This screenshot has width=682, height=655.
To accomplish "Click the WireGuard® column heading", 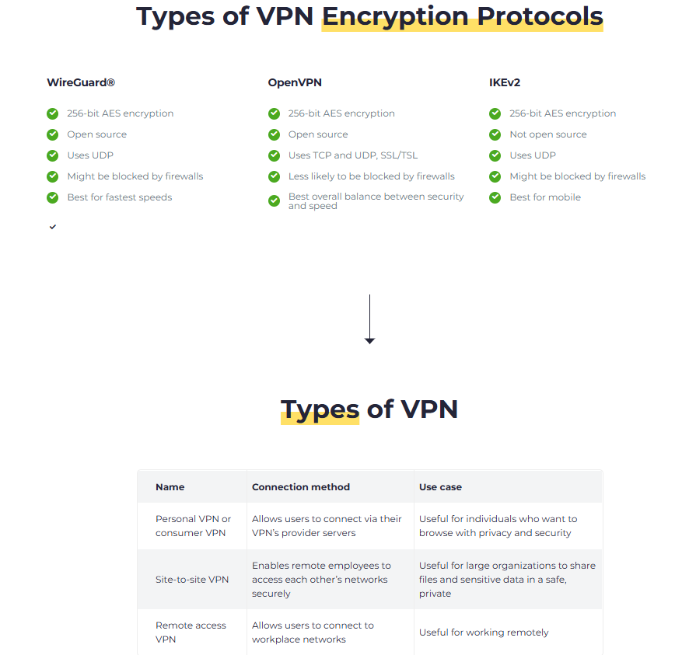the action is pyautogui.click(x=81, y=82).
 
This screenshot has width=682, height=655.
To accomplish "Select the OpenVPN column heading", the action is pyautogui.click(x=295, y=82).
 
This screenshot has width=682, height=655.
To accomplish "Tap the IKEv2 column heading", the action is pyautogui.click(x=505, y=82).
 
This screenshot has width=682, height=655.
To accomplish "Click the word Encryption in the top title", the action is pyautogui.click(x=395, y=17).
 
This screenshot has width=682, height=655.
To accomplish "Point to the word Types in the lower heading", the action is pyautogui.click(x=320, y=410).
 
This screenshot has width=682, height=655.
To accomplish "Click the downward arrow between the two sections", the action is pyautogui.click(x=369, y=319).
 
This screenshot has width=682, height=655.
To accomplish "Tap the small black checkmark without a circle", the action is pyautogui.click(x=53, y=227).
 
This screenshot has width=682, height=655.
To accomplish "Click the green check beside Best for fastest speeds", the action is pyautogui.click(x=53, y=197).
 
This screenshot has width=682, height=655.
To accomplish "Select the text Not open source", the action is pyautogui.click(x=548, y=134).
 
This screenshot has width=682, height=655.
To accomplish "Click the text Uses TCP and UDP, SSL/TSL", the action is pyautogui.click(x=353, y=155).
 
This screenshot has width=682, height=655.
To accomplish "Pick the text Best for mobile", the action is pyautogui.click(x=545, y=197).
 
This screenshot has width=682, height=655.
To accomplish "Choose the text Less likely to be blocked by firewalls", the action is pyautogui.click(x=372, y=176).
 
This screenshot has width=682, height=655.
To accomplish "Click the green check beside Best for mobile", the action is pyautogui.click(x=495, y=197).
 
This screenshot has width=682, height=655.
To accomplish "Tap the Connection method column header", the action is pyautogui.click(x=301, y=487).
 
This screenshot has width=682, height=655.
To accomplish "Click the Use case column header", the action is pyautogui.click(x=441, y=487).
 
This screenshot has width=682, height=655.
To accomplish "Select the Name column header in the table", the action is pyautogui.click(x=170, y=487).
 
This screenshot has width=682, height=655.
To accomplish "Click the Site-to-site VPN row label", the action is pyautogui.click(x=192, y=580).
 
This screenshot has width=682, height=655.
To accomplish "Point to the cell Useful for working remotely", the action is pyautogui.click(x=484, y=632).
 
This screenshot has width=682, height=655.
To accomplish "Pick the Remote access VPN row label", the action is pyautogui.click(x=191, y=632).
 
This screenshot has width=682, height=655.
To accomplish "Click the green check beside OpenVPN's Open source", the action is pyautogui.click(x=274, y=134).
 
